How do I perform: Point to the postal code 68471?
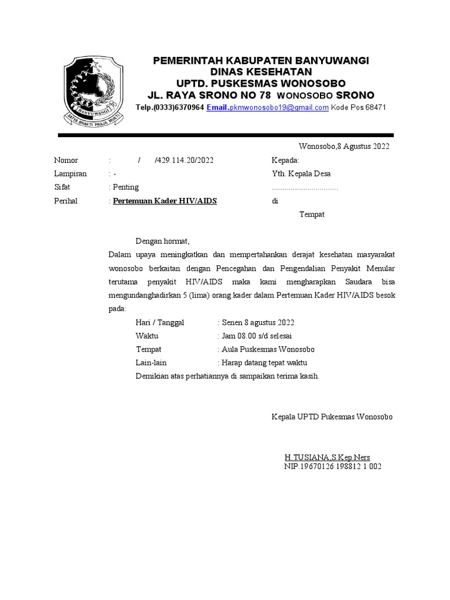375,108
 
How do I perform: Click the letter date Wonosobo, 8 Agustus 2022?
344,146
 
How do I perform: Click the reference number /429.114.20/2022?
185,161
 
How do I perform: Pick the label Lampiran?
70,174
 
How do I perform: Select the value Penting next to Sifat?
127,187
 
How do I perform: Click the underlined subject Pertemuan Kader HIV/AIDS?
165,201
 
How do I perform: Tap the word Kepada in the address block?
285,161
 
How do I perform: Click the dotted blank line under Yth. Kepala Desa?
305,189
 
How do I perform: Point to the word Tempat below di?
312,214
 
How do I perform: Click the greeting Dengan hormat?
163,241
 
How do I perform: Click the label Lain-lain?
151,363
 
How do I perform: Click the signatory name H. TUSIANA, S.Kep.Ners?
327,457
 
